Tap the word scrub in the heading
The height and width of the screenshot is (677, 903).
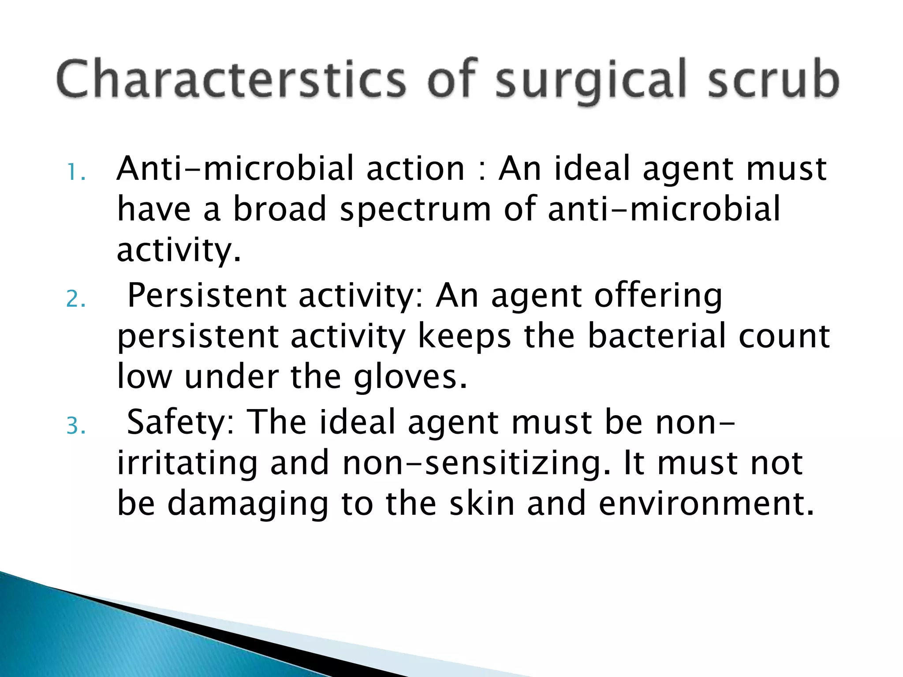(774, 80)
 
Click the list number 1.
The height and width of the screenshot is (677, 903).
(75, 173)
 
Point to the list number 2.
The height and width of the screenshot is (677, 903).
(75, 300)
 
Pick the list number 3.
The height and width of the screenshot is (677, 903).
(75, 427)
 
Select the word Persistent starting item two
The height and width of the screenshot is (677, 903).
(207, 295)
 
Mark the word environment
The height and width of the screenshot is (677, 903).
(705, 503)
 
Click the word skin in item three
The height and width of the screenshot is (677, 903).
(482, 503)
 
